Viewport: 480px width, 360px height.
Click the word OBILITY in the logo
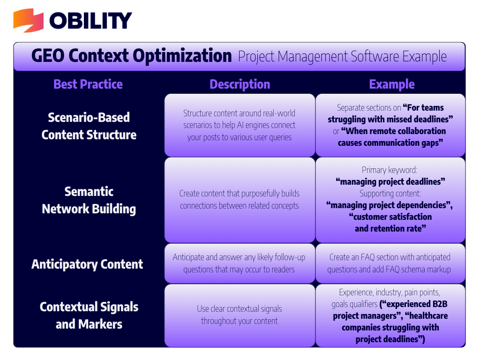[x=91, y=21]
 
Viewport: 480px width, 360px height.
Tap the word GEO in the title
[x=49, y=56]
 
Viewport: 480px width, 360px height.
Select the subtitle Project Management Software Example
[x=342, y=57]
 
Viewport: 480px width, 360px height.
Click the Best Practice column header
[x=88, y=84]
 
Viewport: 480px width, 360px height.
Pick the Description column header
[x=240, y=84]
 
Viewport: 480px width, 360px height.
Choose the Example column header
[x=392, y=84]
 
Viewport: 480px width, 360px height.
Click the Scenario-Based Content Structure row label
[x=89, y=126]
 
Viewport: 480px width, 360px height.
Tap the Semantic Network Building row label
[x=89, y=200]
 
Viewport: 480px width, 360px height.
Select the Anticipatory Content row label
[x=87, y=264]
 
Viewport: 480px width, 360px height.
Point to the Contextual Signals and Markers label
[x=89, y=315]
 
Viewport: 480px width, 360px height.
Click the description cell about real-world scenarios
[x=240, y=125]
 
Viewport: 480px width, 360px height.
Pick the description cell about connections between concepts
[x=240, y=200]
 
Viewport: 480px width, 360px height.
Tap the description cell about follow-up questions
[x=240, y=263]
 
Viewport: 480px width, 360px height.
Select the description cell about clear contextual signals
[x=240, y=315]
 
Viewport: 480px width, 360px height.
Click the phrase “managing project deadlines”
[x=390, y=181]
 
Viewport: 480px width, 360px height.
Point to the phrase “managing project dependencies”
[x=390, y=205]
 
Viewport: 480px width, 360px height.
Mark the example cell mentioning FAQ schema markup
[x=390, y=263]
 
